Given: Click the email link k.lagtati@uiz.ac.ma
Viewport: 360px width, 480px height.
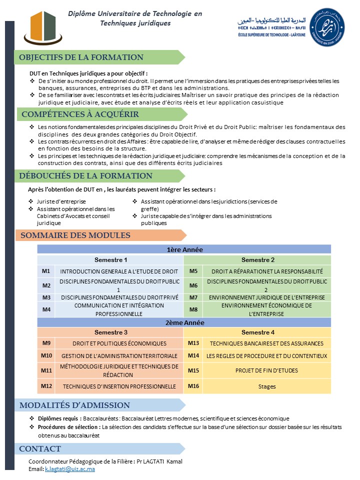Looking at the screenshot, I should tap(70, 469).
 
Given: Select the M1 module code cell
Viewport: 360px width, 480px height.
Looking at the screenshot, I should tap(46, 271).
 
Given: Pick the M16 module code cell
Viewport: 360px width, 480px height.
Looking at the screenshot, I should tap(193, 386).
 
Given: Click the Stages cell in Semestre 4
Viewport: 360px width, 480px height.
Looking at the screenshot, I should tap(266, 386).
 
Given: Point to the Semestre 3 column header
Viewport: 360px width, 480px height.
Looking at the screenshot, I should tap(110, 332).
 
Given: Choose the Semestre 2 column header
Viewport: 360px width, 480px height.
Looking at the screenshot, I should tap(257, 260).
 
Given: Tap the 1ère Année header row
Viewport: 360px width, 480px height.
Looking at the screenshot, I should tap(184, 249).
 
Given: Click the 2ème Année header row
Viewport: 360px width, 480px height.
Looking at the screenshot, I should tap(184, 322).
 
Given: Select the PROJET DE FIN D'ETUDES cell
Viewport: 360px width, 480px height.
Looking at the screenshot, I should tap(266, 370).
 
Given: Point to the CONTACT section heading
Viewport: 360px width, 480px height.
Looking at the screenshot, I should tap(40, 449).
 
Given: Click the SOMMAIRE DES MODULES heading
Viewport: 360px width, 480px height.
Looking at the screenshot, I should tap(75, 235).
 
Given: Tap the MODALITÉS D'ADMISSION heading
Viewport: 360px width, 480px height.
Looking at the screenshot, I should tap(74, 405).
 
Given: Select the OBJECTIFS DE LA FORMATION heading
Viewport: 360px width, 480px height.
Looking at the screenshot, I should tap(81, 57).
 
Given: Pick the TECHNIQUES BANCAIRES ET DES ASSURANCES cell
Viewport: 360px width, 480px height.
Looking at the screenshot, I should tap(266, 343).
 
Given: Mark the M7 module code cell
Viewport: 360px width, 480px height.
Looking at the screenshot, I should tap(193, 297).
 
